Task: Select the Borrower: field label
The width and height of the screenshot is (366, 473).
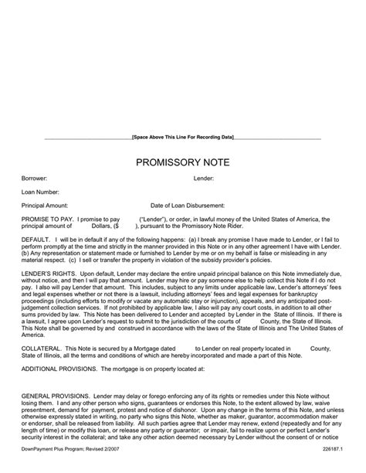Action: (34, 179)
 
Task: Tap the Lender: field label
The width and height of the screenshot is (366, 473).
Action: (204, 179)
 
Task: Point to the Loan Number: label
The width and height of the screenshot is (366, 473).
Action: (39, 192)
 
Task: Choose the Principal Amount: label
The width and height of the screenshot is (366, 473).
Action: (45, 206)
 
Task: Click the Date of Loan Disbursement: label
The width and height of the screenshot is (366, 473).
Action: (188, 206)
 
